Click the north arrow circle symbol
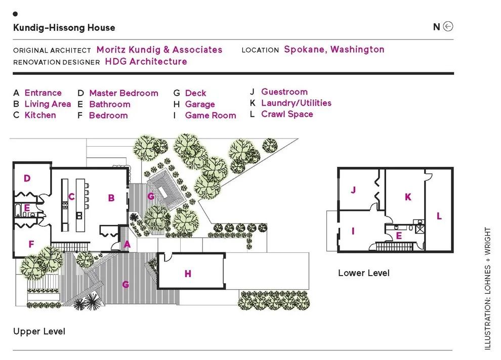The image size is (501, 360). pos(448,26)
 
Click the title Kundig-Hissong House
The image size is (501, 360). pos(64,28)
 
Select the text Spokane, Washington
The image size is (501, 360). pos(334,50)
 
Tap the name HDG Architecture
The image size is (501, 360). pos(146,61)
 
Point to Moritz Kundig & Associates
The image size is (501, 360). pos(159,50)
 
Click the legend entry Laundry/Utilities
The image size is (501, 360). pos(296,103)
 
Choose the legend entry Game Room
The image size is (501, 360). pos(211,115)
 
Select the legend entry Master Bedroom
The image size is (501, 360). pos(124,93)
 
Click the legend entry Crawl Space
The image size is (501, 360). pos(287,114)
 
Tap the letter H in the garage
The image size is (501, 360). pos(188,274)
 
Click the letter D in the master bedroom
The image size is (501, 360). pos(27,178)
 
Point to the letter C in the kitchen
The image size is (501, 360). pos(71,197)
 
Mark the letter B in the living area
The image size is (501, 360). pos(111,198)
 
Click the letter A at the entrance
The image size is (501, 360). pos(127,244)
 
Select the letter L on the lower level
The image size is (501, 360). pos(439,216)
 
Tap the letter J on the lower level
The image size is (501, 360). pos(353,190)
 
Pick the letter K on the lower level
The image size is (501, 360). pos(408,197)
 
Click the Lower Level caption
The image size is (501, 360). pos(364,273)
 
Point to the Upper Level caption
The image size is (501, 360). pos(39,332)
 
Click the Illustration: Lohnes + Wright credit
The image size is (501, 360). pos(487,288)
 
